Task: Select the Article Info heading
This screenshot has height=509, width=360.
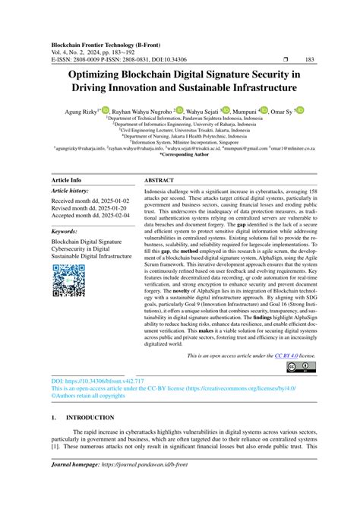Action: (66, 180)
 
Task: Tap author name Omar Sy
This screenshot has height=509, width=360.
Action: (282, 111)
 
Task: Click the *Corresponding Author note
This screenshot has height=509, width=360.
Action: (179, 154)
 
